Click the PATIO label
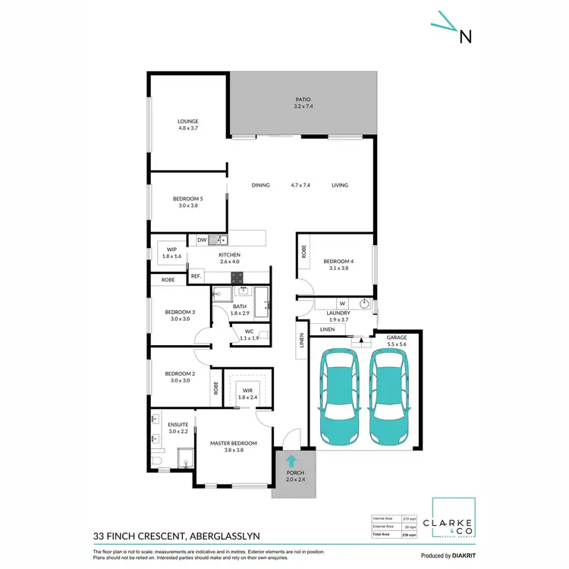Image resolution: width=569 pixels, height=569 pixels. pyautogui.click(x=303, y=99)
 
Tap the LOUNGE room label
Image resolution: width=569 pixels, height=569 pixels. pyautogui.click(x=187, y=121)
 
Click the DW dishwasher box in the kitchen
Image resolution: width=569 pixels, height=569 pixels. pyautogui.click(x=202, y=240)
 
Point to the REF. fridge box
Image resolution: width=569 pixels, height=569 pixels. pyautogui.click(x=196, y=276)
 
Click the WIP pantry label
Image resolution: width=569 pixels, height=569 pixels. pyautogui.click(x=171, y=249)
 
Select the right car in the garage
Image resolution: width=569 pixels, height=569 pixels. pyautogui.click(x=390, y=398)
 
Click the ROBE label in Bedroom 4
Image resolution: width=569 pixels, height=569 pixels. pyautogui.click(x=303, y=252)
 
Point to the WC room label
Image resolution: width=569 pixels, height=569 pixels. pyautogui.click(x=250, y=331)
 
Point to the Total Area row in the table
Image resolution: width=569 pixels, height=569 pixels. pyautogui.click(x=395, y=535)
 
